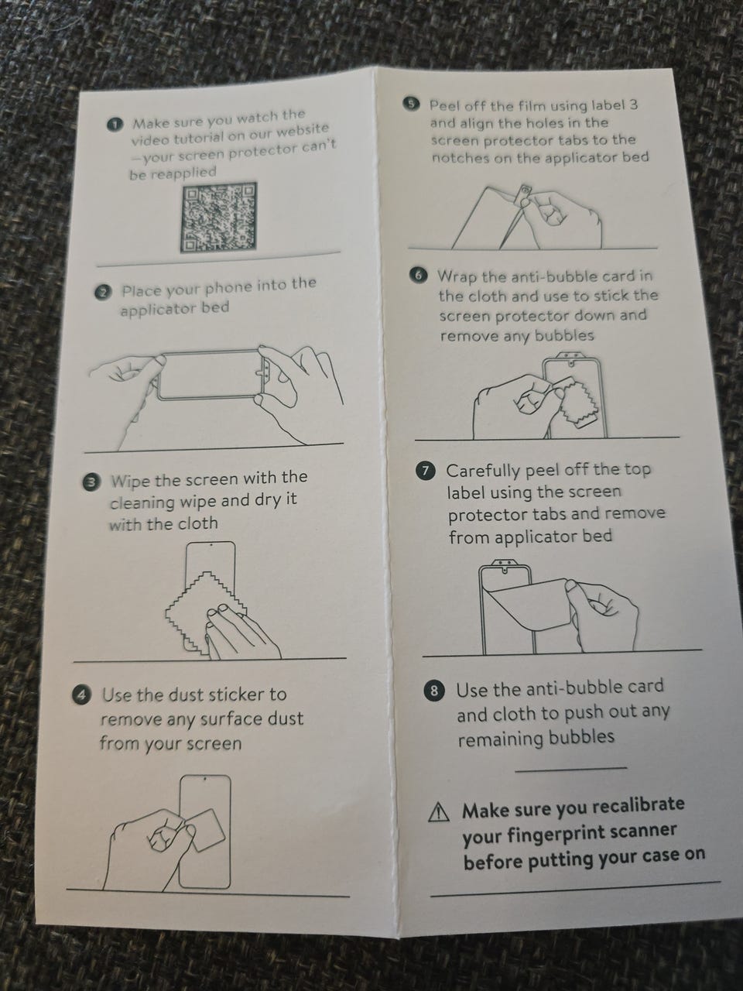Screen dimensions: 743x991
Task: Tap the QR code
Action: click(218, 217)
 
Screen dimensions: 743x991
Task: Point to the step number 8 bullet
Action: click(434, 691)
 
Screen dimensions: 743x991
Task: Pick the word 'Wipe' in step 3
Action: click(132, 480)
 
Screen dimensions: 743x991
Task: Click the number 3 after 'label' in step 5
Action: click(633, 105)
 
